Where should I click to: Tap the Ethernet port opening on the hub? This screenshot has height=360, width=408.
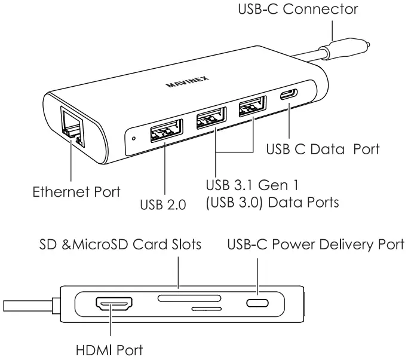point(71,126)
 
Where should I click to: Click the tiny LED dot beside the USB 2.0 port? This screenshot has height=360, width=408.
point(134,138)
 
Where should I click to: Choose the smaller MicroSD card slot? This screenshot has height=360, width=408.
point(207,310)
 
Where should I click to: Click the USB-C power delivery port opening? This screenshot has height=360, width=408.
point(258,304)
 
